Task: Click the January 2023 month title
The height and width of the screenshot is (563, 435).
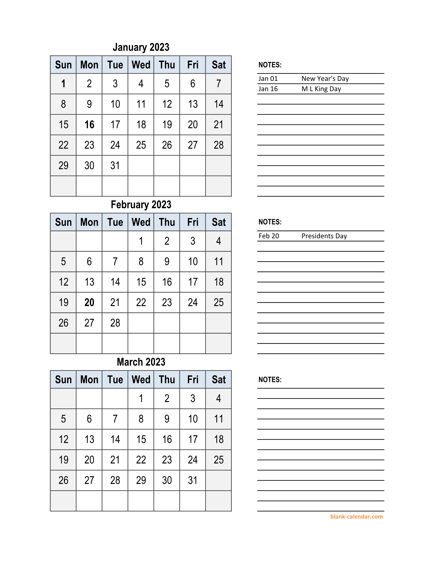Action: (141, 47)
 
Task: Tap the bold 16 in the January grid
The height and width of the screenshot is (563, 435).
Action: (89, 125)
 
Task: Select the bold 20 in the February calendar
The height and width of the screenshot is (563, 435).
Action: (89, 302)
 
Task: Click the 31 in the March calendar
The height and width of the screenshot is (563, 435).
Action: (192, 480)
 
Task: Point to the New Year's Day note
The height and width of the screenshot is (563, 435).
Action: (325, 79)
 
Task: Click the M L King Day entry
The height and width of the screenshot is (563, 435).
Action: (321, 89)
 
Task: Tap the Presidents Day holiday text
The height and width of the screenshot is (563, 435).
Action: (324, 236)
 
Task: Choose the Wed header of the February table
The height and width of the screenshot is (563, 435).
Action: (141, 222)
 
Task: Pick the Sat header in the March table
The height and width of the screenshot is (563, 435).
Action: (219, 379)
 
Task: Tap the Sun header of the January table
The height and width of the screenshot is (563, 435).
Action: (63, 65)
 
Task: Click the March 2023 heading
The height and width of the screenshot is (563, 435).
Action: (141, 362)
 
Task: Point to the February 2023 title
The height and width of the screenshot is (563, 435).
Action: (141, 205)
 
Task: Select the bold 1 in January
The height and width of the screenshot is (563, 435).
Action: (63, 84)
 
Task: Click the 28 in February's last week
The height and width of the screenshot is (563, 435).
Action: (115, 323)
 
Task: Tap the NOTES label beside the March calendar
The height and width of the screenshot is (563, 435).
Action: (270, 379)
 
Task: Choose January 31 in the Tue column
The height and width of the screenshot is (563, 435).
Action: (115, 165)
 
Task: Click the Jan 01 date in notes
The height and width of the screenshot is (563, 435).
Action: (268, 79)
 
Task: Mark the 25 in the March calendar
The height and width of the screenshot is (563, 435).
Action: (219, 460)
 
